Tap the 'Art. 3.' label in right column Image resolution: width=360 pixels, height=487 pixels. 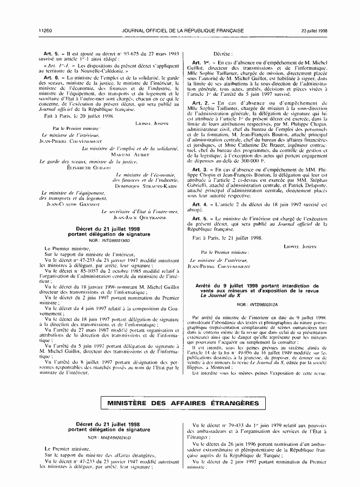201,170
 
